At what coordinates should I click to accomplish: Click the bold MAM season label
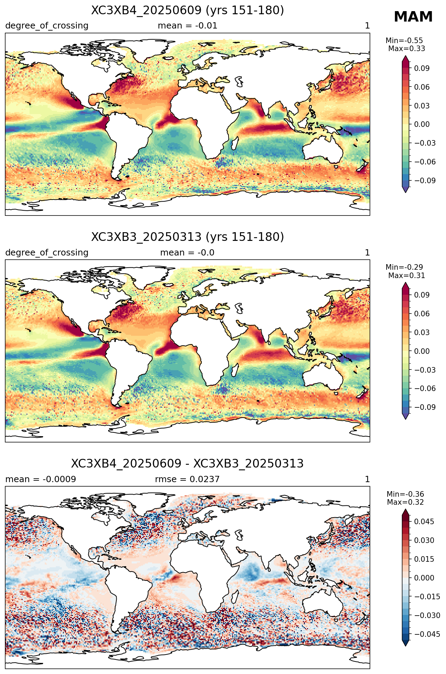coord(413,17)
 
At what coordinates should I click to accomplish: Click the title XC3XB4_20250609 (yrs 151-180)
coord(188,10)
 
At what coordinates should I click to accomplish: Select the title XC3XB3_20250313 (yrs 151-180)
coord(188,237)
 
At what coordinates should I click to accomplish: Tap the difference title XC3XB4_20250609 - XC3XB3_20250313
coord(188,464)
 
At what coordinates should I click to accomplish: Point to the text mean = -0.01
coord(188,26)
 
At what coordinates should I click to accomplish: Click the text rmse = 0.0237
coord(187,479)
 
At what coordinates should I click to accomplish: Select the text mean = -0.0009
coord(41,479)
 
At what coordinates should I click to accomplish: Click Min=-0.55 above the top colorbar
coord(404,41)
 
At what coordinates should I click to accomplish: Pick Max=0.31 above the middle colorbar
coord(406,276)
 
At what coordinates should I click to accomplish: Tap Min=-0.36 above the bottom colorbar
coord(405,494)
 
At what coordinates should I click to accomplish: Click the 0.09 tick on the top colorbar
coord(422,68)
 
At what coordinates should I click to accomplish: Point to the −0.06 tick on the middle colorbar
coord(425,389)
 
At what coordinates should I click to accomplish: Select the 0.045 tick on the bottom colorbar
coord(424,522)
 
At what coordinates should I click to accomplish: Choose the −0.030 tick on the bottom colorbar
coord(427,616)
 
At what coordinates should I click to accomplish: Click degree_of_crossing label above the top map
coord(47,26)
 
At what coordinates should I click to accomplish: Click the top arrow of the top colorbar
coord(405,58)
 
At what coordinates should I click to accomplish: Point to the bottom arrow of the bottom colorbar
coord(405,643)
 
